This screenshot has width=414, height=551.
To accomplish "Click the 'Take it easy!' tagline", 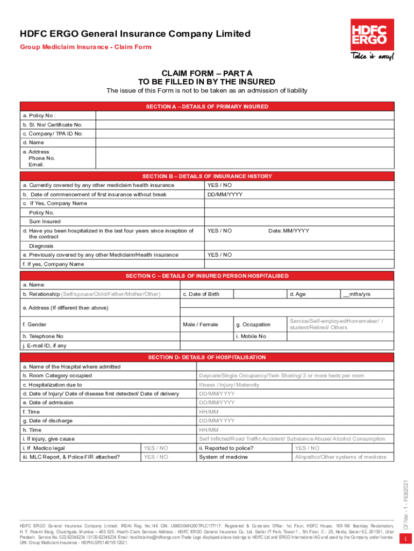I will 372,56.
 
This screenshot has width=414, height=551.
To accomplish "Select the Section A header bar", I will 207,107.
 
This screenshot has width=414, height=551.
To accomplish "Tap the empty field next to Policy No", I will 245,116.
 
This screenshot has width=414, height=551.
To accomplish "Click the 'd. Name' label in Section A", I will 33,143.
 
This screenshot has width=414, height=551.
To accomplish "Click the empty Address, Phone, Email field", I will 245,158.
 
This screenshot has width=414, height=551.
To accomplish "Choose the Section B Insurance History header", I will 207,176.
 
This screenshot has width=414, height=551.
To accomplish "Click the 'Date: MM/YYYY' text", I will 289,231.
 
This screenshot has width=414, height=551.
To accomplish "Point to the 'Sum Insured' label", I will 45,222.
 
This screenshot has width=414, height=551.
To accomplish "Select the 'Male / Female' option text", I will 201,324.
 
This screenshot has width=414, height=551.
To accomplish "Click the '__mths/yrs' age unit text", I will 356,294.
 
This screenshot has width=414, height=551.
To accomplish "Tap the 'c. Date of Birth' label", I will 201,294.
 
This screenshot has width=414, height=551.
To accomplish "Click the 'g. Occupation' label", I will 253,324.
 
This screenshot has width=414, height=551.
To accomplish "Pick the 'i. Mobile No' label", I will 251,336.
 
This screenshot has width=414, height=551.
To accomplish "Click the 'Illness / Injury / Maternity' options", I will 229,385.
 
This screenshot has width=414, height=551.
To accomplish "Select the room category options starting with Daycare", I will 281,376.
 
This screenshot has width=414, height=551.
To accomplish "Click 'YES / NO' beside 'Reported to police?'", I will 307,448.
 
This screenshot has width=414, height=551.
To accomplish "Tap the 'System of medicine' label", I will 223,457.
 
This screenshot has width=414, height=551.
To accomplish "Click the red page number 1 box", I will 405,539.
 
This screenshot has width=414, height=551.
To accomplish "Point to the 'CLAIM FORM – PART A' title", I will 207,73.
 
